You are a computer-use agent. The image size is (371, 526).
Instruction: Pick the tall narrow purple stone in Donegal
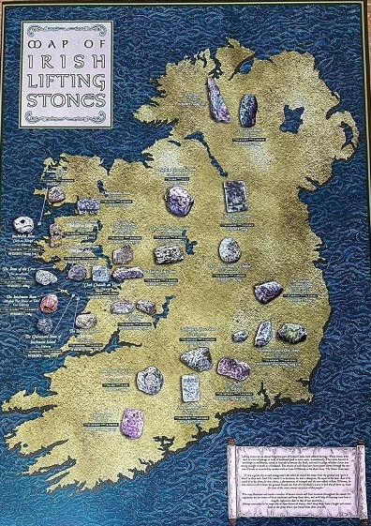coord(218,100)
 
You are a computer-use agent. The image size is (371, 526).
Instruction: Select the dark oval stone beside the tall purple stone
coord(248,110)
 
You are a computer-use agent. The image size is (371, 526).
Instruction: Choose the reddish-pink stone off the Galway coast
coord(50,302)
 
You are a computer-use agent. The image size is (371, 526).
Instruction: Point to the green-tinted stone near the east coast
coord(291,332)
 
